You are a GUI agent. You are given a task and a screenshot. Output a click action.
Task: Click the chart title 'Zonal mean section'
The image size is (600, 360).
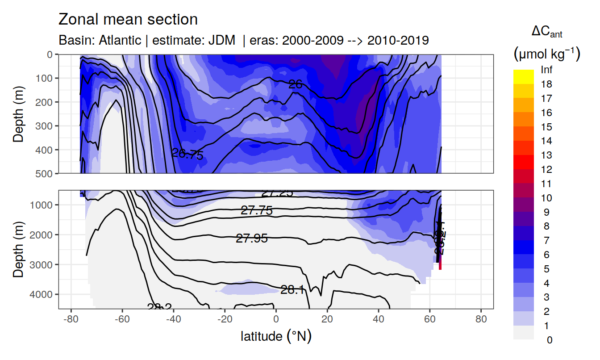128,20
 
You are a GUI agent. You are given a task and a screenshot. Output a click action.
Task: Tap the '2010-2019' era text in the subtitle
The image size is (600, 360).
398,40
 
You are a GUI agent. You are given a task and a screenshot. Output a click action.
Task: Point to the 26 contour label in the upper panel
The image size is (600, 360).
295,84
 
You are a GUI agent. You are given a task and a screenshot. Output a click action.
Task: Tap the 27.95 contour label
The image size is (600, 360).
252,239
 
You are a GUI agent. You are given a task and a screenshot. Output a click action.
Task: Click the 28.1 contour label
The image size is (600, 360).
293,290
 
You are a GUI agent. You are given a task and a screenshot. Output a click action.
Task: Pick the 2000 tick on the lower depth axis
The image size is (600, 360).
43,234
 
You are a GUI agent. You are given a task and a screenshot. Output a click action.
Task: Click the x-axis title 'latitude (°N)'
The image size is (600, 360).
276,336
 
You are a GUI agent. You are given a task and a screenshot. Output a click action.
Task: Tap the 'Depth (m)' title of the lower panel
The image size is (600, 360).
18,249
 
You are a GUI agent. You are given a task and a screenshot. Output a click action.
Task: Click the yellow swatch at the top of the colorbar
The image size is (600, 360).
523,73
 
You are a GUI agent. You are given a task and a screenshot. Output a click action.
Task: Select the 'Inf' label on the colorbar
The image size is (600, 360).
546,70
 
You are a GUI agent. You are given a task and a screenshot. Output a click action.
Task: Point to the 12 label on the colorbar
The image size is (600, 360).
546,170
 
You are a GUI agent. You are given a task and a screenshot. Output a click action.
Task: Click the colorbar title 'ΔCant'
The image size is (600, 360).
546,32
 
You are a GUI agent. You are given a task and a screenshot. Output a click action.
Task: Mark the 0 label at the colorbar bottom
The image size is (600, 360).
549,340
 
